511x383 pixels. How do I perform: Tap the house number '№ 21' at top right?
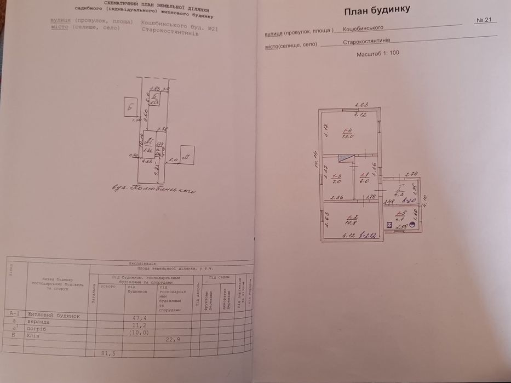486,20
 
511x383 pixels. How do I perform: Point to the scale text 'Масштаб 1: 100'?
378,55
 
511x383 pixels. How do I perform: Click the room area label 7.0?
337,180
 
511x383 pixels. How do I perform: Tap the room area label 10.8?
348,223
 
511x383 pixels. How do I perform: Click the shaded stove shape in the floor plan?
345,158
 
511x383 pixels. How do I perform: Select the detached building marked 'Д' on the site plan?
186,155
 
